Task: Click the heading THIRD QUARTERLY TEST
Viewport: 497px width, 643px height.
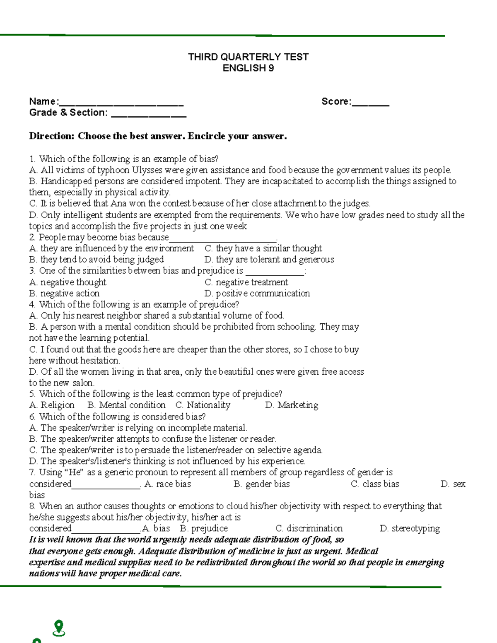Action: click(x=248, y=57)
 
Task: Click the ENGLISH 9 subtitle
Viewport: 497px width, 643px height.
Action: click(x=248, y=68)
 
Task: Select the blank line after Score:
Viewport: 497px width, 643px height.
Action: click(x=370, y=103)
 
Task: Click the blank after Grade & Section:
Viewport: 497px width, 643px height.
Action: click(x=149, y=114)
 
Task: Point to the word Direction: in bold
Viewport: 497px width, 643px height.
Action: click(x=52, y=136)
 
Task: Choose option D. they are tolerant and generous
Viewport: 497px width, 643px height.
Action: click(x=269, y=260)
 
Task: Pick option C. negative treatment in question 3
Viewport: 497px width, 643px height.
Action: click(x=246, y=282)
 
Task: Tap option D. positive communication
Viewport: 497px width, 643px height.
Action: click(x=257, y=294)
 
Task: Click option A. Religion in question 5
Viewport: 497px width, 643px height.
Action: click(x=52, y=405)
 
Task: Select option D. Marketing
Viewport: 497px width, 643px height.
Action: click(x=292, y=405)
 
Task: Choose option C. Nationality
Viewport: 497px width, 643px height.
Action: click(x=203, y=405)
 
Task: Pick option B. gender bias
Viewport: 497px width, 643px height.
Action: click(x=261, y=484)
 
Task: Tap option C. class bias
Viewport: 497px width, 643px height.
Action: click(x=375, y=484)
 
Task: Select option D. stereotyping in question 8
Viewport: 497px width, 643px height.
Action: click(x=410, y=529)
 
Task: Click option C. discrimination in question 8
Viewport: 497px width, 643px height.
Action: click(x=309, y=529)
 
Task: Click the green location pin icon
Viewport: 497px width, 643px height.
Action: click(x=59, y=628)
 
